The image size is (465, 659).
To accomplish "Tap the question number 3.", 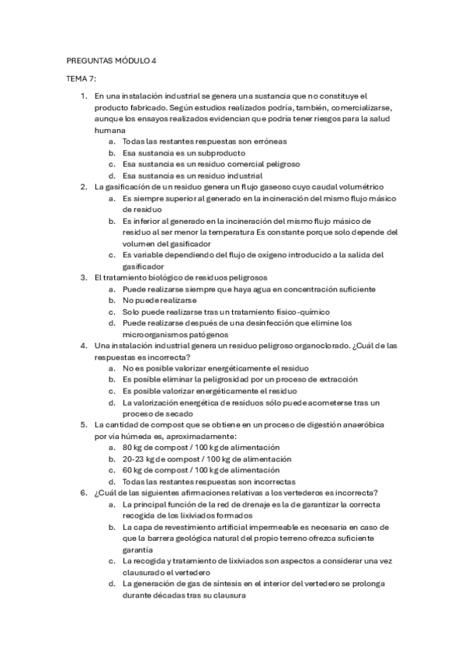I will [85, 277].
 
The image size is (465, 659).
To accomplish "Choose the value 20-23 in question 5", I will [134, 459].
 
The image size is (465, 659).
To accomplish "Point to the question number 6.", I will [85, 493].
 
